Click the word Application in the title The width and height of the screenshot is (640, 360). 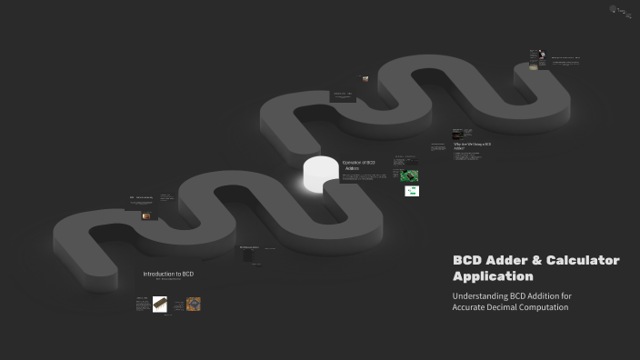pos(493,275)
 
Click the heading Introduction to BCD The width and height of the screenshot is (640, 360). pos(168,274)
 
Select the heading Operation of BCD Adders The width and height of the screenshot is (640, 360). pos(358,165)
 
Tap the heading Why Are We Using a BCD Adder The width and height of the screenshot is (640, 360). pos(473,145)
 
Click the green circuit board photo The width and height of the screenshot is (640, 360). pos(409,175)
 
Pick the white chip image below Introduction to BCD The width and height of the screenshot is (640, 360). pos(159,305)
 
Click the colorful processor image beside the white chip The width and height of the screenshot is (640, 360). pos(193,305)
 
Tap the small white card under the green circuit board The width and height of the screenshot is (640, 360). pos(411,191)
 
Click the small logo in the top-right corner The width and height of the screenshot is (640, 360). pos(621,11)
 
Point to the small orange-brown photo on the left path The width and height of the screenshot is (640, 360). pos(146,216)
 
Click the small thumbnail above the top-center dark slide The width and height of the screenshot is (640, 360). pos(365,79)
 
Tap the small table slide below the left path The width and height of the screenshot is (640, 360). pos(249,252)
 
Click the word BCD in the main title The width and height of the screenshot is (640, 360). pos(465,260)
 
